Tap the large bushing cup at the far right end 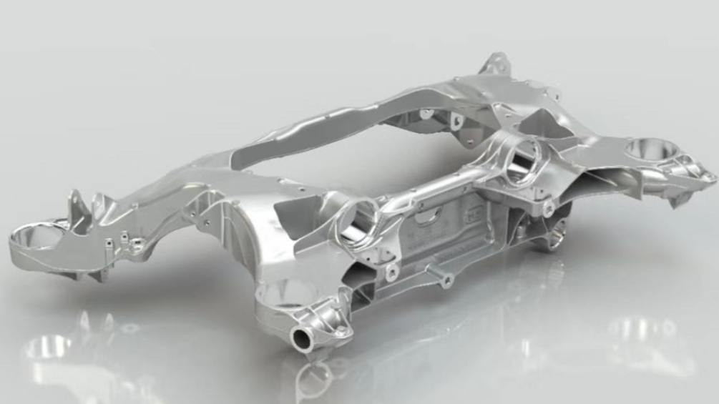click(651, 149)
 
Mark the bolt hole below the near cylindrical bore click(392, 271)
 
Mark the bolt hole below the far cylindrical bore click(548, 210)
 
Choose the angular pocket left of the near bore click(293, 218)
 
